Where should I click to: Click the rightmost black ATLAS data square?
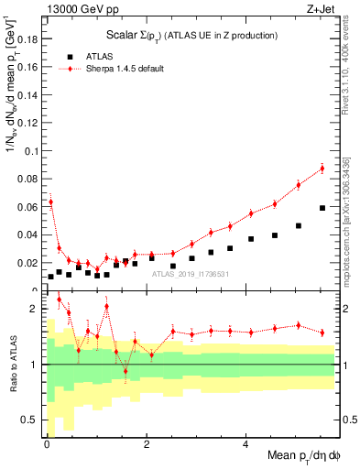click(x=322, y=208)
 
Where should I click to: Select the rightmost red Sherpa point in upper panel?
click(x=322, y=169)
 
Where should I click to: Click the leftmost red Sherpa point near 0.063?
click(x=50, y=202)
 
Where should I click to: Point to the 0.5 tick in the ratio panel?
click(x=33, y=421)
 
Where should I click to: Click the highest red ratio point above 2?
click(x=60, y=299)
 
